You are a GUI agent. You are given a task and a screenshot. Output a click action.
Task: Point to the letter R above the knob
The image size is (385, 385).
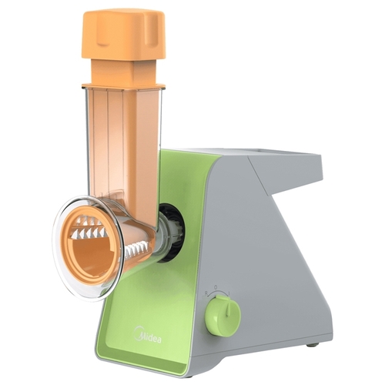coord(206,293)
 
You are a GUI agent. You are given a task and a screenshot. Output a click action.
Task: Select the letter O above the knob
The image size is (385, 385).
coord(216,286)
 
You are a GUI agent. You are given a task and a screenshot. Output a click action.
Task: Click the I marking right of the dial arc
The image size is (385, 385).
coord(229,293)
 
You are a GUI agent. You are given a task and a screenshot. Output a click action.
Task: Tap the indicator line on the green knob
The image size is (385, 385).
coord(227,306)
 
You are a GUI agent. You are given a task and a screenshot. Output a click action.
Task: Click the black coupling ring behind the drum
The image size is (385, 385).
coord(172,232)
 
